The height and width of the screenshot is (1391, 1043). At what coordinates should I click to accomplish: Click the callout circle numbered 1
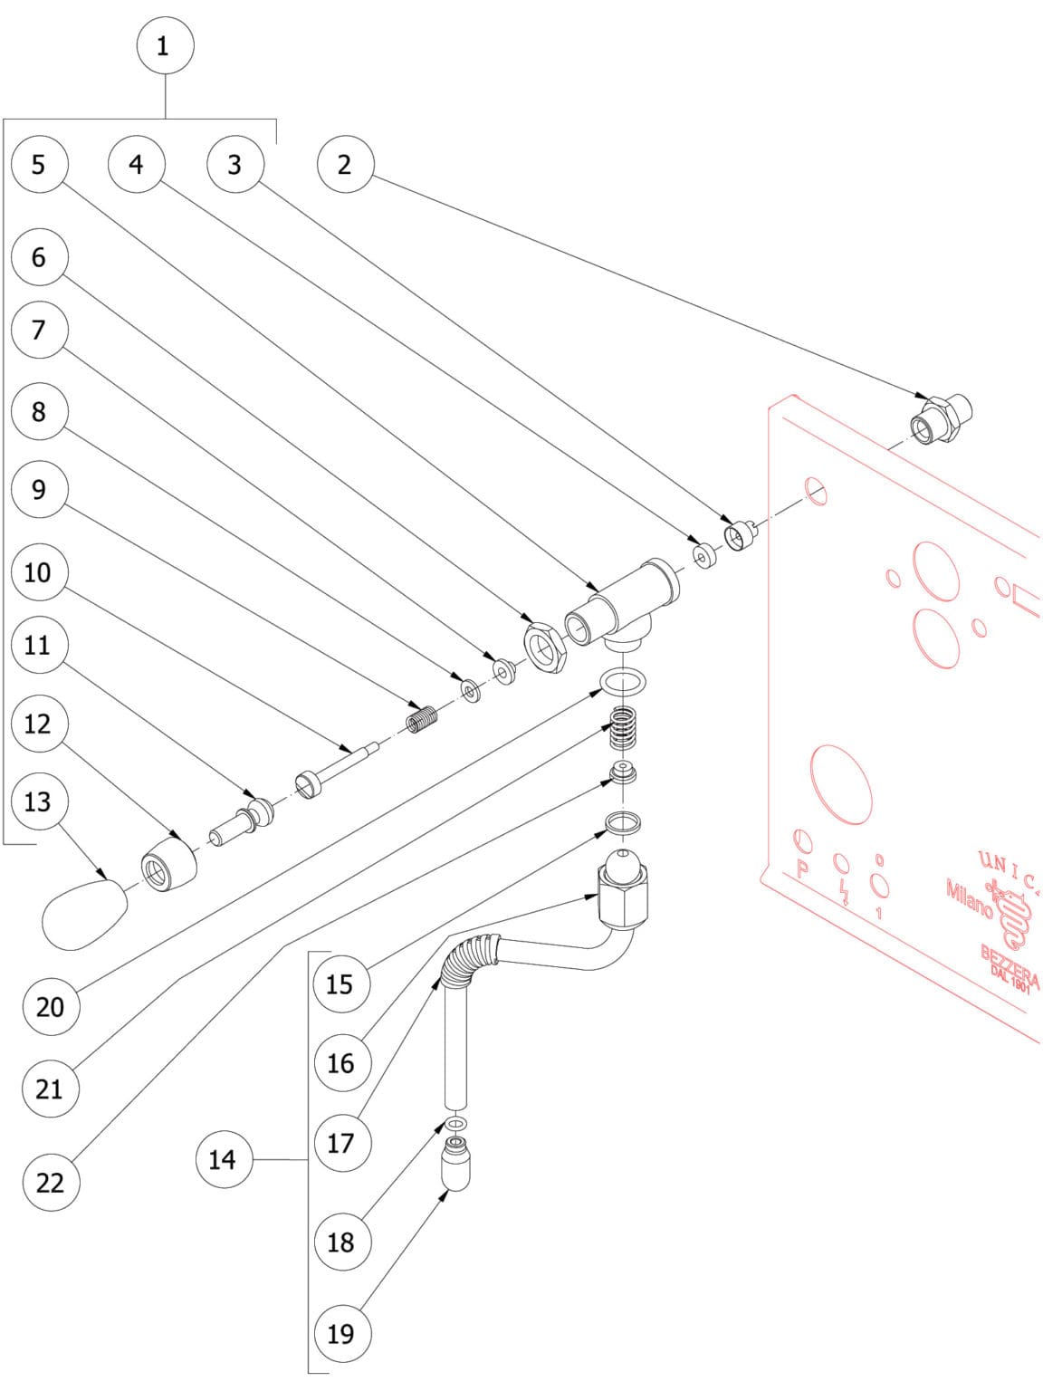(164, 45)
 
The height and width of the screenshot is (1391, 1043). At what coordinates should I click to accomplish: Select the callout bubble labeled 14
(223, 1159)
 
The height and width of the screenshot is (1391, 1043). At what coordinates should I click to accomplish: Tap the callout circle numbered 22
(51, 1182)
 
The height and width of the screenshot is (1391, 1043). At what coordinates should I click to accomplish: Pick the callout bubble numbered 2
(345, 164)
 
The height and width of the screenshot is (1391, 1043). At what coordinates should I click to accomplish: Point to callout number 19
(341, 1333)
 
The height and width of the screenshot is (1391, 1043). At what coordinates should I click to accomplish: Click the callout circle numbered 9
(38, 490)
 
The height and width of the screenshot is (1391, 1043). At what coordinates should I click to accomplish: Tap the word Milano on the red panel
(969, 897)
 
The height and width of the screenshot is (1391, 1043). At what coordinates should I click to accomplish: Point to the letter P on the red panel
(801, 869)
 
